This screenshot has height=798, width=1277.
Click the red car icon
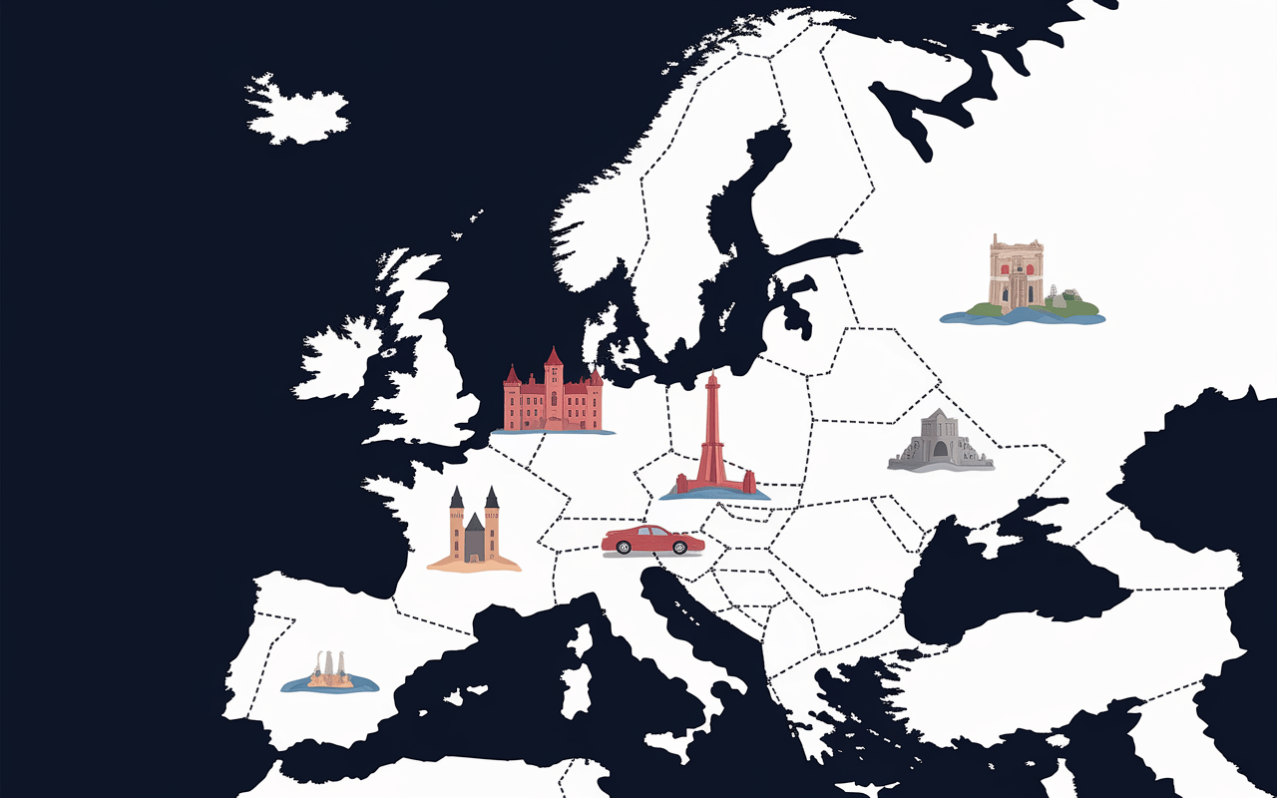(652, 540)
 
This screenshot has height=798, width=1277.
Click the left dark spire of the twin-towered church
(457, 499)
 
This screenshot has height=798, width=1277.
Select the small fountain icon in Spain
(330, 673)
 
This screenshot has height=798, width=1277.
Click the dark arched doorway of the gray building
(940, 451)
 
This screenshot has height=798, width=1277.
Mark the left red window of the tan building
(1004, 269)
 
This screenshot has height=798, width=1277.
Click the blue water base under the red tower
(714, 494)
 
